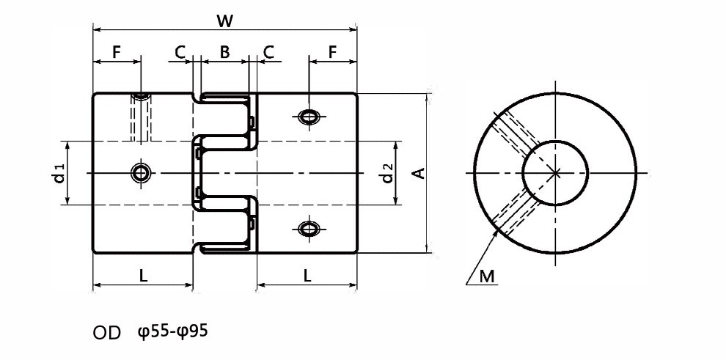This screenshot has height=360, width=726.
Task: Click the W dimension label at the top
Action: pyautogui.click(x=224, y=21)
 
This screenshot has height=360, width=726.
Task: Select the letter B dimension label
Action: pyautogui.click(x=224, y=52)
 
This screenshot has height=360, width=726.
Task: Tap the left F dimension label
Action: pyautogui.click(x=116, y=52)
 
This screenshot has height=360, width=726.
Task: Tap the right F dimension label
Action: pyautogui.click(x=332, y=52)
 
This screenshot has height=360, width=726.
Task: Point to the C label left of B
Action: pyautogui.click(x=180, y=52)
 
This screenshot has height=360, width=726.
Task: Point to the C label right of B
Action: pyautogui.click(x=268, y=52)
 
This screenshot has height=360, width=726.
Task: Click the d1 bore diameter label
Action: pyautogui.click(x=59, y=173)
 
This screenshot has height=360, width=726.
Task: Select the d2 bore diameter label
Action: pyautogui.click(x=387, y=173)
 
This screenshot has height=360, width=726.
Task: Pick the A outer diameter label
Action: pyautogui.click(x=419, y=173)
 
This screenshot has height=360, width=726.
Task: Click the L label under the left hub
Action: pyautogui.click(x=144, y=276)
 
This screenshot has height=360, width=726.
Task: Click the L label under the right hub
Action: pyautogui.click(x=307, y=276)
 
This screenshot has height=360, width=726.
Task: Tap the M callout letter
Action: pyautogui.click(x=487, y=276)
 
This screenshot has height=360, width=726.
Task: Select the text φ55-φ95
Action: pyautogui.click(x=173, y=331)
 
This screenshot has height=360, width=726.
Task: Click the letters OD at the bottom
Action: pyautogui.click(x=107, y=333)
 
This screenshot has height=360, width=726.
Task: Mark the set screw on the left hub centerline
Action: pyautogui.click(x=140, y=173)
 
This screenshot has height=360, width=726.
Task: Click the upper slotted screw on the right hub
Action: pyautogui.click(x=309, y=116)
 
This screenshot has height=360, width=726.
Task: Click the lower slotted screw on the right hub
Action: pyautogui.click(x=309, y=229)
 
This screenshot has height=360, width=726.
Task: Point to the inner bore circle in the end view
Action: pyautogui.click(x=555, y=140)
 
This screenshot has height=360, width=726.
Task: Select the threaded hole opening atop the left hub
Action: pyautogui.click(x=140, y=96)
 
